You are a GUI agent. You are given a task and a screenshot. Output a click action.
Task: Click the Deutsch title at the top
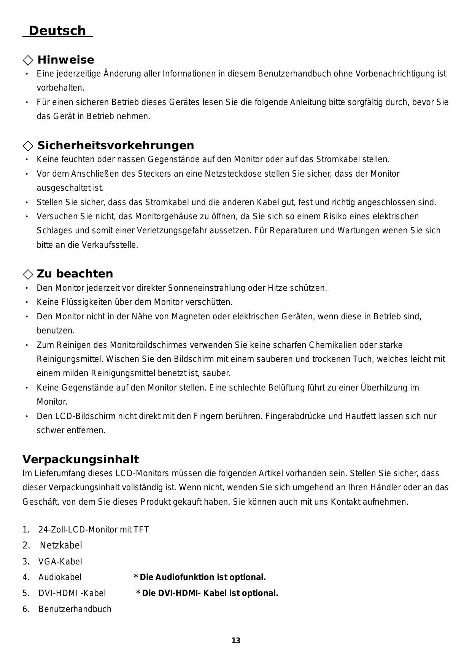(x=57, y=30)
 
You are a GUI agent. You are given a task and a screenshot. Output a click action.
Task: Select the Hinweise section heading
(x=66, y=60)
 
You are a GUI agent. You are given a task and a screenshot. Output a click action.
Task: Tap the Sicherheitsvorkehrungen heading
(x=116, y=145)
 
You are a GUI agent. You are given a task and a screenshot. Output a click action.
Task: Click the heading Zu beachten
(x=75, y=274)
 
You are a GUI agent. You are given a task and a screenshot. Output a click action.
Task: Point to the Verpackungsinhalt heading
(x=81, y=459)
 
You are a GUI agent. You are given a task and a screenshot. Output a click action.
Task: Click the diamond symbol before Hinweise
(x=28, y=60)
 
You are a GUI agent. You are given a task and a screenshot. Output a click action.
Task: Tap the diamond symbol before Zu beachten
(x=28, y=274)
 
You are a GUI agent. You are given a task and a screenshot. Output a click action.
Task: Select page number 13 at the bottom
(x=236, y=641)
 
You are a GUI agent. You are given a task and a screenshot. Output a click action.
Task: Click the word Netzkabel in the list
(x=61, y=545)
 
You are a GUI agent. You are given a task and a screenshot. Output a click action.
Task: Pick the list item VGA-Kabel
(x=60, y=561)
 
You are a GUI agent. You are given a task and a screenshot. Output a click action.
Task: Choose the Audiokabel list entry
(x=60, y=577)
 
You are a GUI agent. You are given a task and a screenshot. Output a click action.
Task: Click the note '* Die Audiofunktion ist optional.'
(x=200, y=577)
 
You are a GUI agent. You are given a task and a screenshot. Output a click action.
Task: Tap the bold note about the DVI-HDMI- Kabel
(x=207, y=593)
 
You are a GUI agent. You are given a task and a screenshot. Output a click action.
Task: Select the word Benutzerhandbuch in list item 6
(x=75, y=609)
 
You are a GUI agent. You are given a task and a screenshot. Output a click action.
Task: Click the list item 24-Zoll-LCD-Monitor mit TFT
(x=94, y=529)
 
